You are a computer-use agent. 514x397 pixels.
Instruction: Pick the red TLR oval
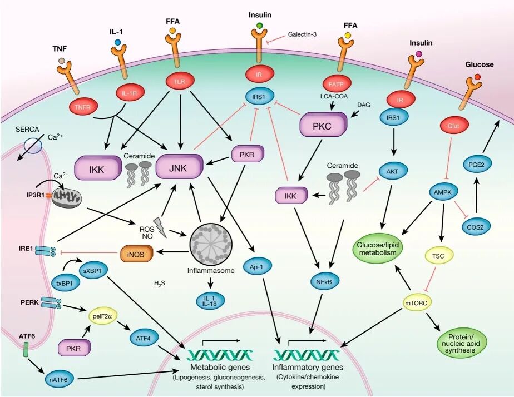180,81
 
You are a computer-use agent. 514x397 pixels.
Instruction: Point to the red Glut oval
454,126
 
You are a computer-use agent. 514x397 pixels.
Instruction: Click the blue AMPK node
443,192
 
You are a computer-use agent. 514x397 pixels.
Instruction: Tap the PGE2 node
478,165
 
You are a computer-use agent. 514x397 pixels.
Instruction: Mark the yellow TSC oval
439,256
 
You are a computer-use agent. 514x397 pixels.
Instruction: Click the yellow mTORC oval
421,302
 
